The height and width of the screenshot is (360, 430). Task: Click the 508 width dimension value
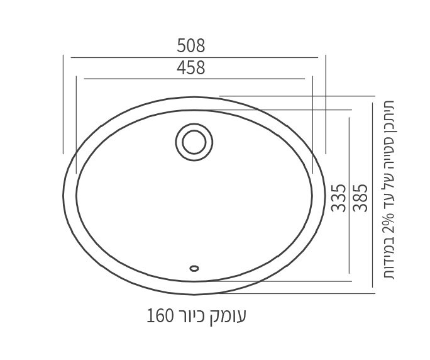(x=191, y=46)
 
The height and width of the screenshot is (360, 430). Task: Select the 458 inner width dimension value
(x=191, y=68)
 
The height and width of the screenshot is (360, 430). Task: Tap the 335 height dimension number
(x=338, y=197)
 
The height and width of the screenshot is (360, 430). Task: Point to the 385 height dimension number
(x=360, y=197)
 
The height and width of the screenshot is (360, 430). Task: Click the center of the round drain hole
(x=194, y=142)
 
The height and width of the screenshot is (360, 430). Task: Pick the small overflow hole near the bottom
(x=194, y=268)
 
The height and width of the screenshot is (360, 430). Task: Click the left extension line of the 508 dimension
(x=63, y=104)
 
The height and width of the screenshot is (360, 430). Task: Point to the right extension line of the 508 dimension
(x=326, y=104)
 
